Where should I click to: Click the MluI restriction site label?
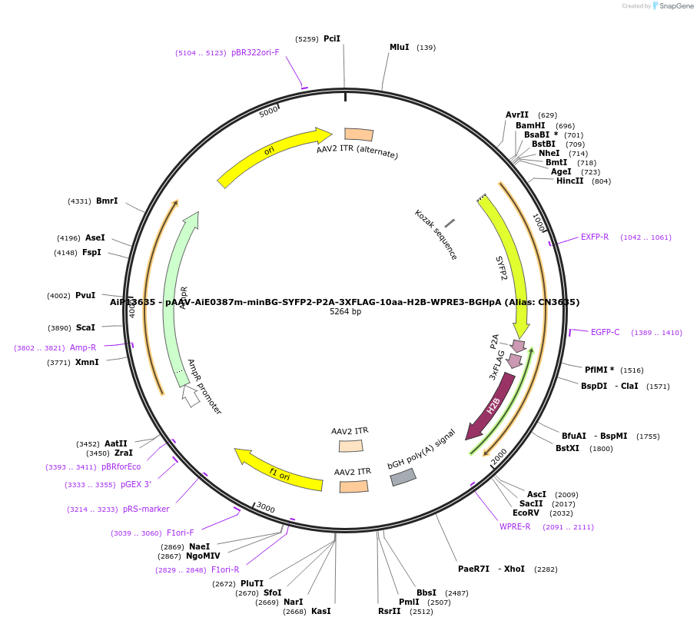click(x=399, y=47)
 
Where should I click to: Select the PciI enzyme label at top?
click(x=331, y=38)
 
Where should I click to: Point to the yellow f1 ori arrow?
click(x=278, y=470)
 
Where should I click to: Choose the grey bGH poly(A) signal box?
click(x=403, y=477)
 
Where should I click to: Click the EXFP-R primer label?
click(x=594, y=237)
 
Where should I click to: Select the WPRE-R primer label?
click(x=515, y=526)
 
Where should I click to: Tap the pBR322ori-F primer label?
click(x=255, y=52)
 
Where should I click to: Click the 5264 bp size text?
click(x=345, y=312)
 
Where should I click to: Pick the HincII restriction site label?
click(x=569, y=181)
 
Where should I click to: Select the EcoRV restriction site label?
click(x=526, y=513)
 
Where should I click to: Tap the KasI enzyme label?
click(x=320, y=611)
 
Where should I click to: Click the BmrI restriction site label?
click(x=107, y=201)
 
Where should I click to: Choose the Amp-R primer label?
click(x=83, y=347)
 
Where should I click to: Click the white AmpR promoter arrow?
click(x=191, y=396)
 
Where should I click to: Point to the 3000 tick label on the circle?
click(x=265, y=507)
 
